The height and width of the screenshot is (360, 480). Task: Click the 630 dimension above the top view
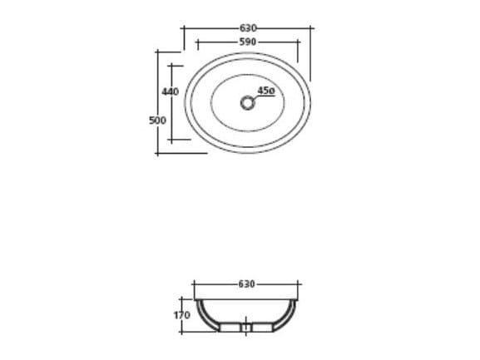tap(248, 28)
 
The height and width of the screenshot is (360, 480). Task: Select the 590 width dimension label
tap(248, 41)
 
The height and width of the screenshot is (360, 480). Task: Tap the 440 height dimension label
tap(171, 91)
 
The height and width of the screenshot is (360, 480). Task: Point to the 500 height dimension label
tap(156, 120)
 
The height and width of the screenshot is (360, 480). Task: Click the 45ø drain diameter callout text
tap(266, 90)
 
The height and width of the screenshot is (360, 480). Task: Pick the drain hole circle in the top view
tap(246, 102)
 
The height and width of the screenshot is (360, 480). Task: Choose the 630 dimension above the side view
tap(246, 284)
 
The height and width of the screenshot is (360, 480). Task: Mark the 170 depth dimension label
tap(181, 315)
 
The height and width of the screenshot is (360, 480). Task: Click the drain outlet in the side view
tap(246, 328)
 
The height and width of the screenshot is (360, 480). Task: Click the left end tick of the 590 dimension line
tap(195, 41)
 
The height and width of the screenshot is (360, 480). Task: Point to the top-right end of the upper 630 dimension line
tap(312, 28)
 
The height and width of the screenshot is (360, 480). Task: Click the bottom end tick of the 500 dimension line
tap(157, 153)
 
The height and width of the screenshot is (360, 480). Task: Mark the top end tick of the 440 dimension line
tap(172, 64)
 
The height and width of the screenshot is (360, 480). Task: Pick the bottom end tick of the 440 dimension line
tap(172, 141)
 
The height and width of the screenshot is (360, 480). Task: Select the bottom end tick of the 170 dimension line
tap(181, 333)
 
